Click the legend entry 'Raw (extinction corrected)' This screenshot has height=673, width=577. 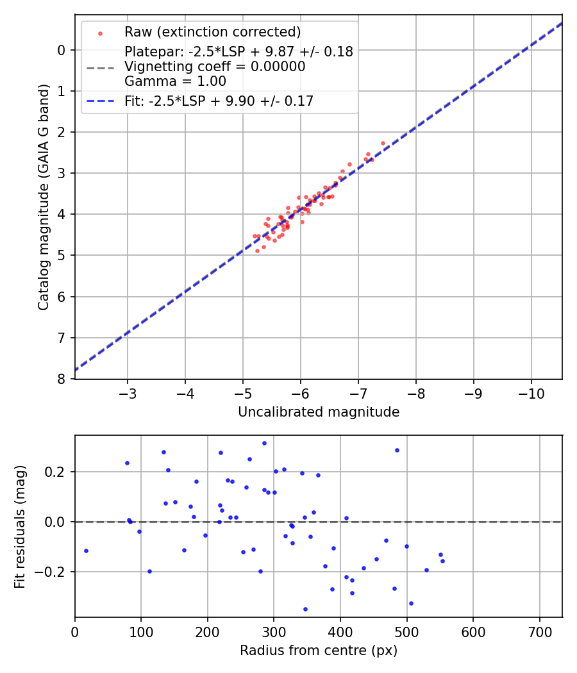pos(212,32)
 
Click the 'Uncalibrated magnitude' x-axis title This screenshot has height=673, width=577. pos(319,412)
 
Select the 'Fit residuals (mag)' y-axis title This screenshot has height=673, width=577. pos(20,526)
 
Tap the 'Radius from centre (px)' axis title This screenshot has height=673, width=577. pos(319,651)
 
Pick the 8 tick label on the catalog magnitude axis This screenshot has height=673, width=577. pos(62,379)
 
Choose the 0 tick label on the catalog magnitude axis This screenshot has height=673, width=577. pos(62,50)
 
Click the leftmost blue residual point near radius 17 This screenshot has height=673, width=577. pos(86,551)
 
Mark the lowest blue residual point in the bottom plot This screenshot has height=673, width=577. pos(305,609)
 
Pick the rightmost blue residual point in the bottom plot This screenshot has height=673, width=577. pos(442,561)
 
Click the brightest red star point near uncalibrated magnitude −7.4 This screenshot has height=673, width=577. pos(383,143)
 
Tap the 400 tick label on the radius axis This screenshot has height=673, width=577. pos(340,631)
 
